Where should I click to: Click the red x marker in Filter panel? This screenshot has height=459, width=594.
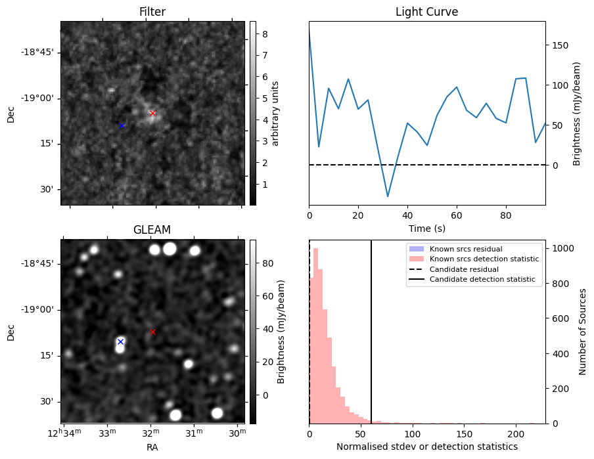point(152,113)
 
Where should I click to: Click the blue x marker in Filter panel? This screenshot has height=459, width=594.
point(122,125)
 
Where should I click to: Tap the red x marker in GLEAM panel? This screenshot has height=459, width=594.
point(152,332)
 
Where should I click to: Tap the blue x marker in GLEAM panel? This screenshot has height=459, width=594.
point(120,341)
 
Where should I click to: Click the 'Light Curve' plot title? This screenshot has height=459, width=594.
point(426,12)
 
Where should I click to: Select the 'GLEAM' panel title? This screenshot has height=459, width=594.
point(152,230)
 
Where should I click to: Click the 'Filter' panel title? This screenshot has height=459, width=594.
point(152,12)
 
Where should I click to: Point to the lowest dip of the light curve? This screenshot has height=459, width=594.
point(388,196)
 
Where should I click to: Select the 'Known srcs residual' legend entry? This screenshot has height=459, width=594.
point(465,250)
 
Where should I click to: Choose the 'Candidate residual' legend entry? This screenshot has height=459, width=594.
point(464,269)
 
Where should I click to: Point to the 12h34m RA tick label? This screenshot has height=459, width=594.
point(64,433)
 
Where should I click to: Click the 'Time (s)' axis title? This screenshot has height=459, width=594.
point(426,228)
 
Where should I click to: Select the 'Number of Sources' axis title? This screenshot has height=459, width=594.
point(583,332)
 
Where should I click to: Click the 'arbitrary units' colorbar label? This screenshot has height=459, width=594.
point(275,113)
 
